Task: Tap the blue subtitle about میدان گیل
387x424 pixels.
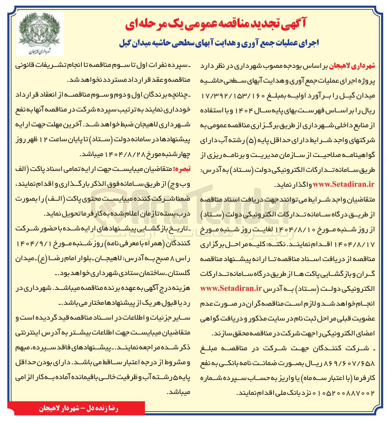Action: [219, 43]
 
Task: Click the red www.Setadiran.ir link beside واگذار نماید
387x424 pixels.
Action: [344, 184]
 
